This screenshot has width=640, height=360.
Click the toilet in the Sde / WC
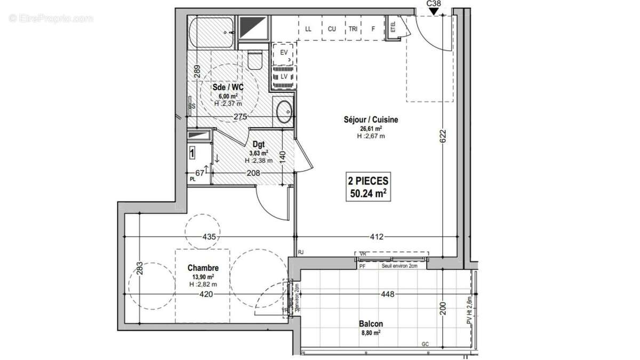coord(255,60)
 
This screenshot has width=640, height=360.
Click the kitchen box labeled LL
coord(308,29)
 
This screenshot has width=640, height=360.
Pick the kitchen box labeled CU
coord(332,29)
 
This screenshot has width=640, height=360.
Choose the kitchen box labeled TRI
coord(353,29)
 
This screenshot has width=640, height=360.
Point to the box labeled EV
coord(283,53)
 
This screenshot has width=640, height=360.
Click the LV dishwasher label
coord(284,77)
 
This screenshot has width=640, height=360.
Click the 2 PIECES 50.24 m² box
coord(368,187)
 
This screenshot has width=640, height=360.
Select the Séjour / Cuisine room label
coord(371,120)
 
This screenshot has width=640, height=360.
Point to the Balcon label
coord(370,324)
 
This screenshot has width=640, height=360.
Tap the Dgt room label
coord(259,144)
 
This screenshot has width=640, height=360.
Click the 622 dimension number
coord(443,136)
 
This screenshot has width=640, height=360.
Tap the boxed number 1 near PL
coord(192,154)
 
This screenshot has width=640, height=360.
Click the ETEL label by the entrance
coord(393,27)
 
